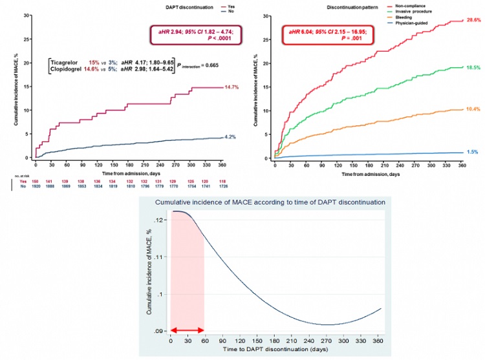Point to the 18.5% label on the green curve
pos(473,67)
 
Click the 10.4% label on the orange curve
pos(473,110)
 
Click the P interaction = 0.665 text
pos(186,66)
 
